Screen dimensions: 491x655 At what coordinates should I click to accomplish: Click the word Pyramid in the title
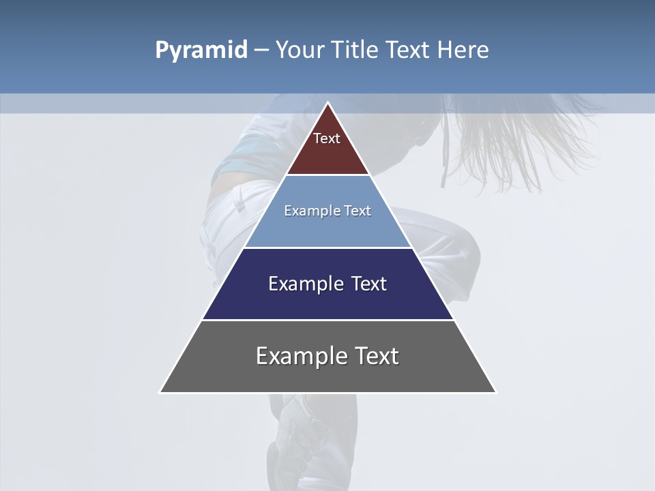(201, 50)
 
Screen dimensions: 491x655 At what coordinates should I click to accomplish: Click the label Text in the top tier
(327, 138)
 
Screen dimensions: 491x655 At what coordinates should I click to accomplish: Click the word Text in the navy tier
(368, 284)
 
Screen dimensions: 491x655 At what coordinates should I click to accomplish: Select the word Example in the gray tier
(300, 356)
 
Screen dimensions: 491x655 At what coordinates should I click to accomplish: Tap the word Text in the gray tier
(374, 356)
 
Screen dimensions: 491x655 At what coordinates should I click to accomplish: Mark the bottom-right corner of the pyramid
(495, 392)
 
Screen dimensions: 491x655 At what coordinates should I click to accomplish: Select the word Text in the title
(409, 50)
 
